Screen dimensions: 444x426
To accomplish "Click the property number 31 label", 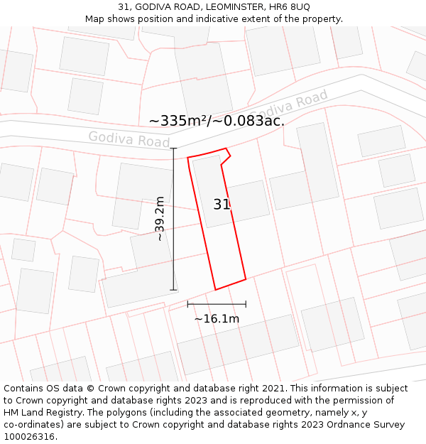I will tap(222, 205).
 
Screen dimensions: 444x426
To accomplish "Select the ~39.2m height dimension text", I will tap(160, 218).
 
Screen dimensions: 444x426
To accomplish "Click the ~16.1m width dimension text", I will tap(217, 319).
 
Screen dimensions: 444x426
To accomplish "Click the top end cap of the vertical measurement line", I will tap(173, 148).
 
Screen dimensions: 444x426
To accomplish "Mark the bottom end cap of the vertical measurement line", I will tap(173, 290).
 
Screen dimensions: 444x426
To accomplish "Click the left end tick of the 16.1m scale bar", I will tap(187, 304).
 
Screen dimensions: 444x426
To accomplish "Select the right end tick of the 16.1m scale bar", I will tap(246, 304).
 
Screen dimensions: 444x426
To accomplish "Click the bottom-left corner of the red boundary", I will tap(215, 290).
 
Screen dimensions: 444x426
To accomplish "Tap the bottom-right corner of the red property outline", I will tap(246, 278).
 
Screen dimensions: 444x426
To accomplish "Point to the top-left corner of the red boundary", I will tap(187, 158).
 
